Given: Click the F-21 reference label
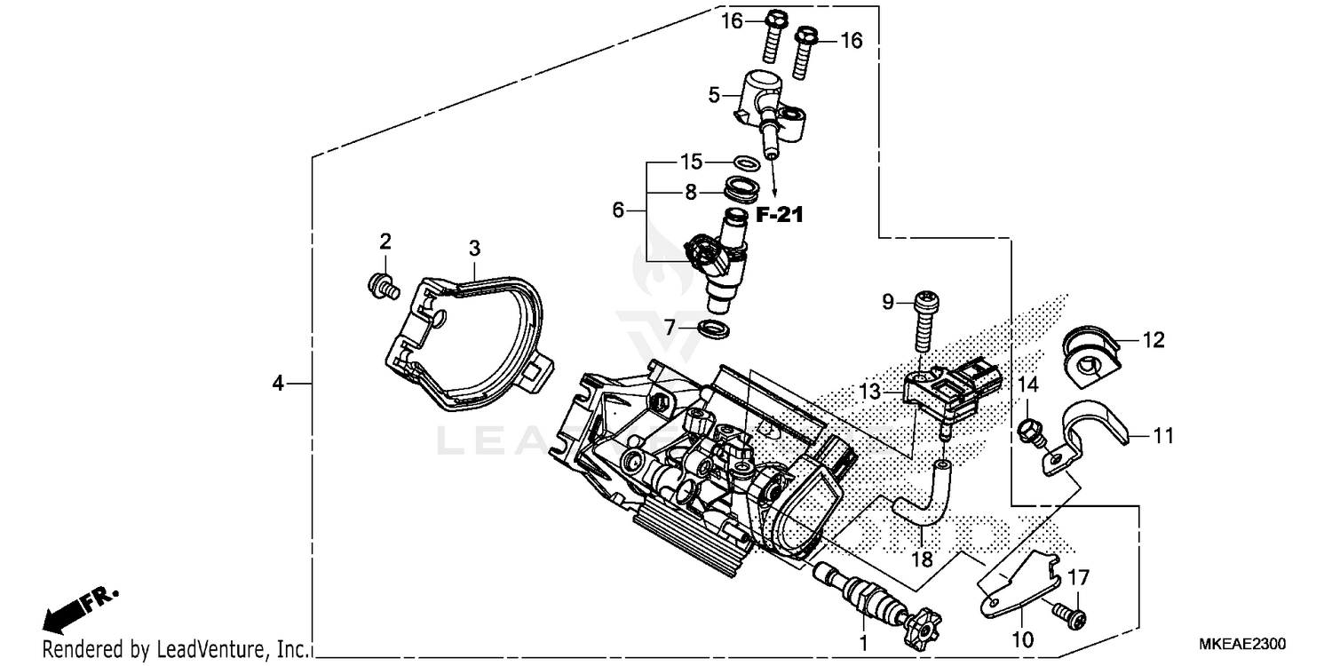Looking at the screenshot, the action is pyautogui.click(x=779, y=214).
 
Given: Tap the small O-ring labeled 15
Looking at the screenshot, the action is pyautogui.click(x=748, y=163).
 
